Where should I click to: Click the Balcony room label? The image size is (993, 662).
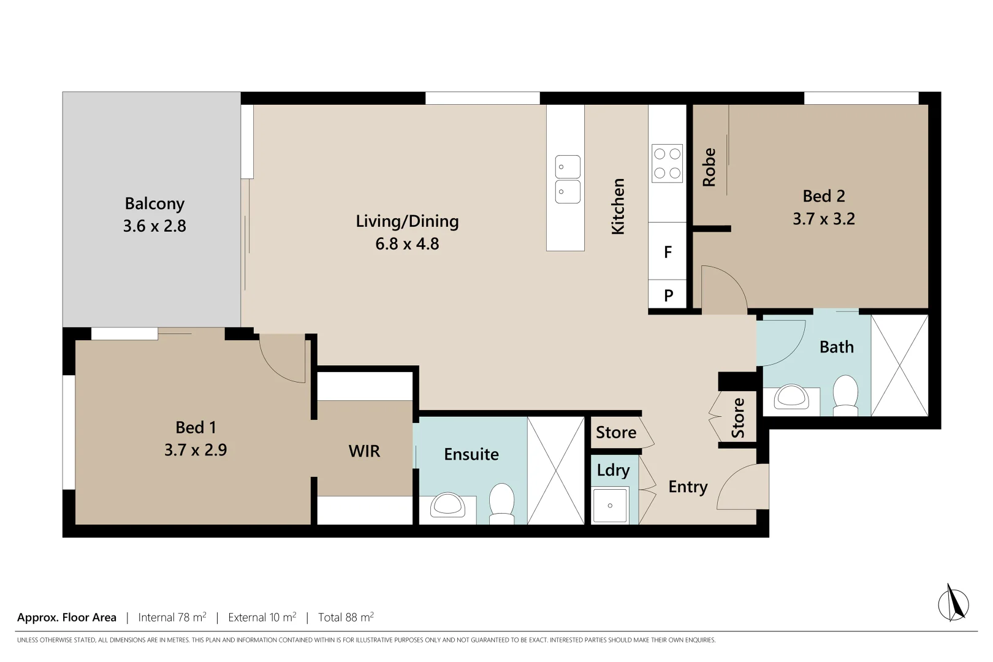pyautogui.click(x=154, y=204)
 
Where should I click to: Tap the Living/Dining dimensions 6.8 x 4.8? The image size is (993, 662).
pyautogui.click(x=407, y=244)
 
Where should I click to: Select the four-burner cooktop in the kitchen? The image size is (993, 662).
pyautogui.click(x=667, y=163)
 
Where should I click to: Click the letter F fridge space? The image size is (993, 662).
pyautogui.click(x=668, y=252)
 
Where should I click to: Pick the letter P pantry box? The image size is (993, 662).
pyautogui.click(x=668, y=296)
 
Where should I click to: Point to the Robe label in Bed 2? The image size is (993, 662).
pyautogui.click(x=709, y=167)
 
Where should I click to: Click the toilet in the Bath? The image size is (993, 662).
pyautogui.click(x=846, y=394)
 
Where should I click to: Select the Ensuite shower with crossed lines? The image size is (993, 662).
pyautogui.click(x=556, y=470)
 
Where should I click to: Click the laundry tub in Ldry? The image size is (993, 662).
pyautogui.click(x=610, y=505)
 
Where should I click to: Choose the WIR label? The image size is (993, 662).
pyautogui.click(x=364, y=451)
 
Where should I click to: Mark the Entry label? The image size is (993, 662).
pyautogui.click(x=688, y=487)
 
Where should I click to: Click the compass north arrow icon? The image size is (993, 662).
pyautogui.click(x=953, y=603)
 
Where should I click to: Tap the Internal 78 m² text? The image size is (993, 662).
pyautogui.click(x=172, y=617)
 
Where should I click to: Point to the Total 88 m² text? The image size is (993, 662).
pyautogui.click(x=346, y=617)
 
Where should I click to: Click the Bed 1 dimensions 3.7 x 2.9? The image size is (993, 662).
pyautogui.click(x=196, y=450)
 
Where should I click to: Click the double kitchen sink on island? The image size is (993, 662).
pyautogui.click(x=568, y=179)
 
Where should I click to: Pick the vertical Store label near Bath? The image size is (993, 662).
pyautogui.click(x=738, y=418)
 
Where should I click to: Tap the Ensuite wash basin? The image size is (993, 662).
pyautogui.click(x=447, y=506)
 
